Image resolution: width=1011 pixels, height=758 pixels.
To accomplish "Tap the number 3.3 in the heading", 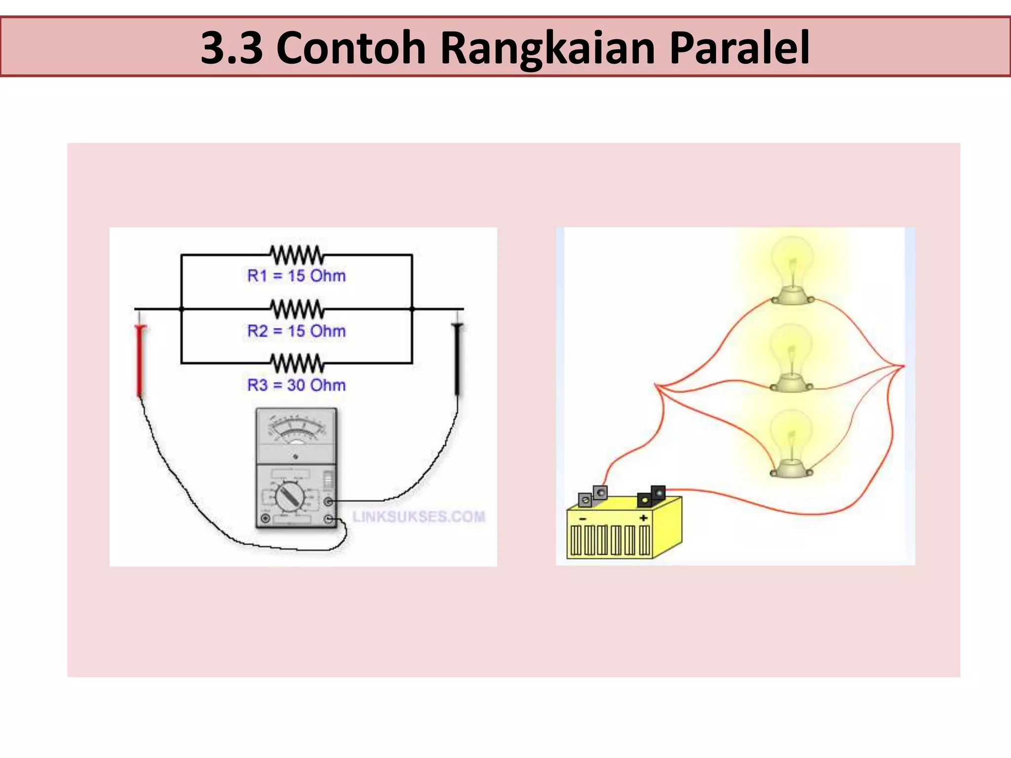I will click(x=232, y=48).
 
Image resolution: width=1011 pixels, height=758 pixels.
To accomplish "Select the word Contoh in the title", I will click(x=351, y=48).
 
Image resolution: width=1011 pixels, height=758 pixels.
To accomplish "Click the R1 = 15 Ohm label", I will click(x=296, y=276).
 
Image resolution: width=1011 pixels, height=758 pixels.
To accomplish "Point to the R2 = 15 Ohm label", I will click(x=296, y=331).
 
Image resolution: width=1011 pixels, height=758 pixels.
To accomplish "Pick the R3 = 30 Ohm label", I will click(x=296, y=385).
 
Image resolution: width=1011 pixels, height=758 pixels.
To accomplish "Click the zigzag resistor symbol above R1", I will click(x=297, y=255).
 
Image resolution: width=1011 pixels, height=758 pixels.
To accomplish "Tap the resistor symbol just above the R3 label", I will click(x=297, y=364).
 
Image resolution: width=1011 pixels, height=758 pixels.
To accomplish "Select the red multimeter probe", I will click(x=141, y=360).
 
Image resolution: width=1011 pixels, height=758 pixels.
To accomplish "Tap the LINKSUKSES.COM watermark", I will click(x=419, y=517).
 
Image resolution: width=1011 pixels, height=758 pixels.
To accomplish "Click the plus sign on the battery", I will click(x=643, y=518).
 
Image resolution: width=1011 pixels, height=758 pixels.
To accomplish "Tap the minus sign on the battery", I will click(x=583, y=519).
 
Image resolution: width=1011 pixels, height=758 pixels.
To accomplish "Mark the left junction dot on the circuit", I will click(x=181, y=309).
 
